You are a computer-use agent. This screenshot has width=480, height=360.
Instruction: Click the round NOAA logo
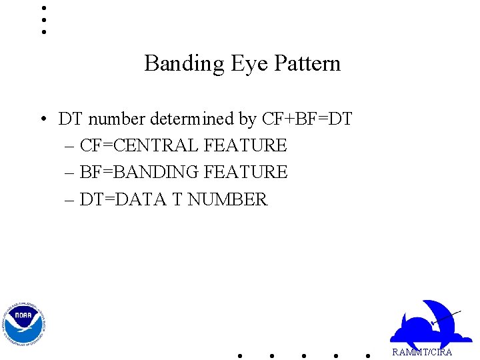(24, 323)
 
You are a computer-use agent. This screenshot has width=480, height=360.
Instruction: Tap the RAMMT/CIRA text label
(422, 352)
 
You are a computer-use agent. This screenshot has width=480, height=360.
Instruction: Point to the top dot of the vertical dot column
(43, 8)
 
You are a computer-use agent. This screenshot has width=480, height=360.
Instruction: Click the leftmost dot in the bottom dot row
(240, 355)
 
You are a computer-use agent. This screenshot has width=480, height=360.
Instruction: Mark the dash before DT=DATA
(71, 200)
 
